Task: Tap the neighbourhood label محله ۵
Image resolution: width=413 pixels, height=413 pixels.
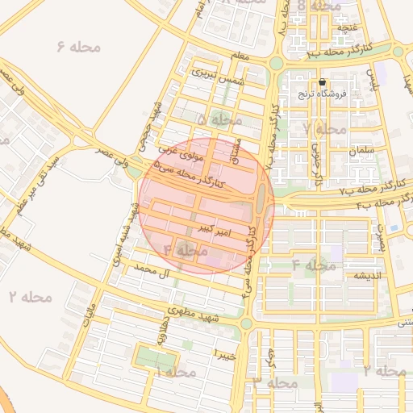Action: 219,119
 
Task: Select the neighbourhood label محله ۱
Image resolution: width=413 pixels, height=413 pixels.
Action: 176,373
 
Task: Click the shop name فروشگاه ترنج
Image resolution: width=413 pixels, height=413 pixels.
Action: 322,94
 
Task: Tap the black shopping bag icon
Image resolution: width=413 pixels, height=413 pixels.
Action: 323,82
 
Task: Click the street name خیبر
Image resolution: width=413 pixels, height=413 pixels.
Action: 225,354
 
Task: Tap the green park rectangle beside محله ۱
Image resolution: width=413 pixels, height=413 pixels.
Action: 147,357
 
